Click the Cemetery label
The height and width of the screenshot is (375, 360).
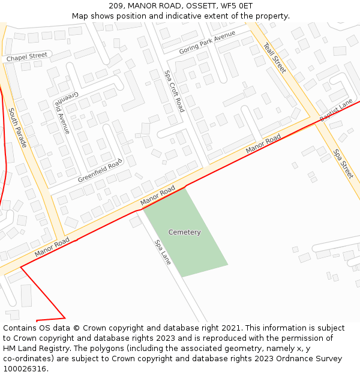184,232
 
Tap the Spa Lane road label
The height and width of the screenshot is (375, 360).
163,252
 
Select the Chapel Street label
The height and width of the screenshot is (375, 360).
26,57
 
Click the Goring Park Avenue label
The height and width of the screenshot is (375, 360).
207,43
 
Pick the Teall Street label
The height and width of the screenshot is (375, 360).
275,58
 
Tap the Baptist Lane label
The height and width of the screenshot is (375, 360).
336,111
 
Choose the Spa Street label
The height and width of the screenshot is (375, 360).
344,163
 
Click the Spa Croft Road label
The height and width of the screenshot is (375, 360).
175,91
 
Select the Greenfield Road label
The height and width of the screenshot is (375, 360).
100,171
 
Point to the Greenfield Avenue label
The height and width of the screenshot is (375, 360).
63,113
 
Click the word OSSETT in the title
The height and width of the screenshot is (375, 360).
200,5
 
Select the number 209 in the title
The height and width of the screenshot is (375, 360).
116,5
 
